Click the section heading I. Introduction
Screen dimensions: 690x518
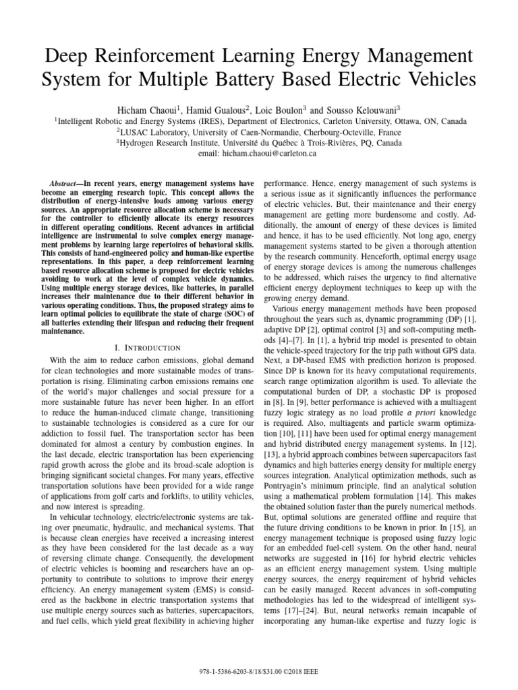pos(146,347)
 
